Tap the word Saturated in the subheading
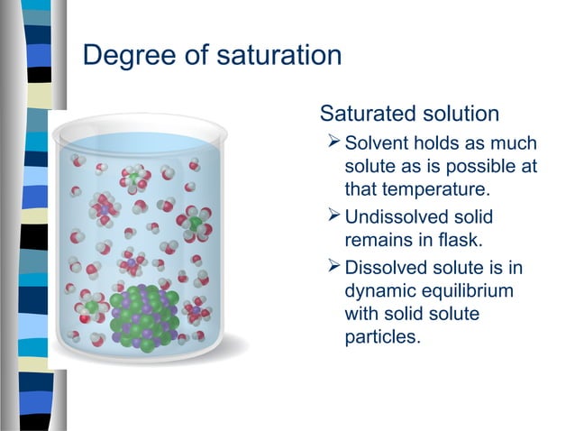(368, 115)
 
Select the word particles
(383, 339)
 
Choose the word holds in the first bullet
(443, 144)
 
